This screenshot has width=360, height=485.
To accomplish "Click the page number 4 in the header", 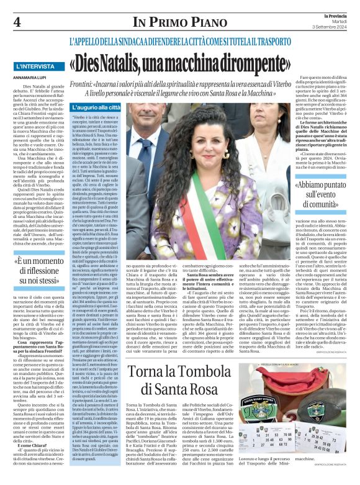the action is pos(17,21).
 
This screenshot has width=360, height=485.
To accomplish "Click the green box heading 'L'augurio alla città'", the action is pos(99,107).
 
